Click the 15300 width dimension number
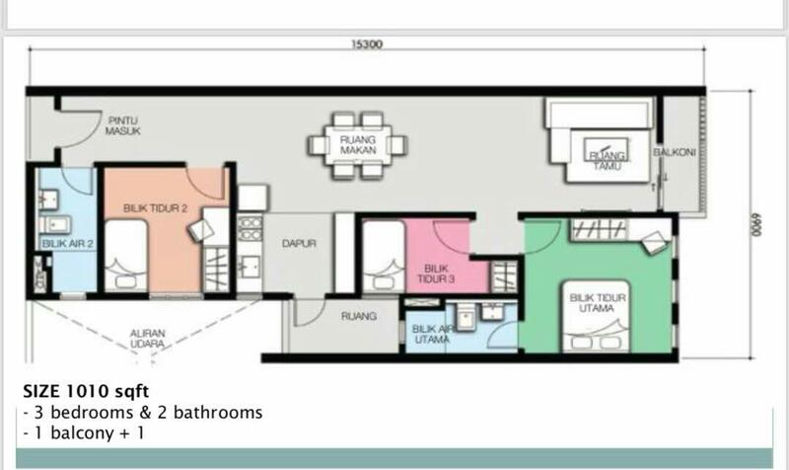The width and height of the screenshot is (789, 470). [x=367, y=44]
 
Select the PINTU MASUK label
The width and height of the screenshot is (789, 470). [x=122, y=125]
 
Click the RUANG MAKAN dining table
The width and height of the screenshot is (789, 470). [x=358, y=145]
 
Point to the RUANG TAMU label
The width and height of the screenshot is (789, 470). [x=607, y=160]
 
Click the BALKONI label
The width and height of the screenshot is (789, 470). [x=675, y=152]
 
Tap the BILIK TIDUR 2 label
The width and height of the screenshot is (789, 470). [x=156, y=208]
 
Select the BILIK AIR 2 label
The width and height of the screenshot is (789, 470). [x=68, y=244]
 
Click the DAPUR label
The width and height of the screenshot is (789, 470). [x=299, y=243]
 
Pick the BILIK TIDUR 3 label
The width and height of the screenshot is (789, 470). [x=436, y=274]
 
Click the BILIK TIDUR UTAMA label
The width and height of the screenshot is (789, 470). [x=598, y=303]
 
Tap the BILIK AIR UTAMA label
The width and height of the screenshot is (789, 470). [x=432, y=334]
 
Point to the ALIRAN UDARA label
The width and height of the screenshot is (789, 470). [x=147, y=339]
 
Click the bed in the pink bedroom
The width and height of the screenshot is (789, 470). [x=384, y=257]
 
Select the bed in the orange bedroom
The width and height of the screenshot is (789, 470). [x=126, y=256]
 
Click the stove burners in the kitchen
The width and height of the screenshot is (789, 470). [x=251, y=228]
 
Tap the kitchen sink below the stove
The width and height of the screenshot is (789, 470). [x=250, y=266]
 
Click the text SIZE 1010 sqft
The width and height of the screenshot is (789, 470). [x=86, y=391]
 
